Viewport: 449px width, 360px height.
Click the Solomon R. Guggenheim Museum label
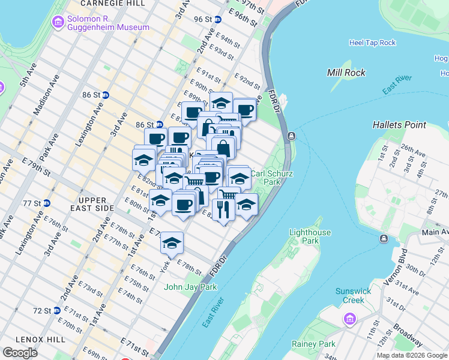coord(108,23)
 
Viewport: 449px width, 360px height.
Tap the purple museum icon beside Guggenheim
coord(58,23)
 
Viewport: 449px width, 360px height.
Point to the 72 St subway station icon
coord(57,311)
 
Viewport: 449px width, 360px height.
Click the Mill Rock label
coord(346,73)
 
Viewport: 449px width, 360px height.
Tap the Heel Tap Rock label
coord(372,43)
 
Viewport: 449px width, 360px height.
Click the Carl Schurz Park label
coord(271,177)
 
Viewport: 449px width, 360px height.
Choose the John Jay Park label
coord(190,287)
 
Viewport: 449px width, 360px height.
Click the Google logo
coord(20,353)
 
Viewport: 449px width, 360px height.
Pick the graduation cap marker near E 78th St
coord(172,243)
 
